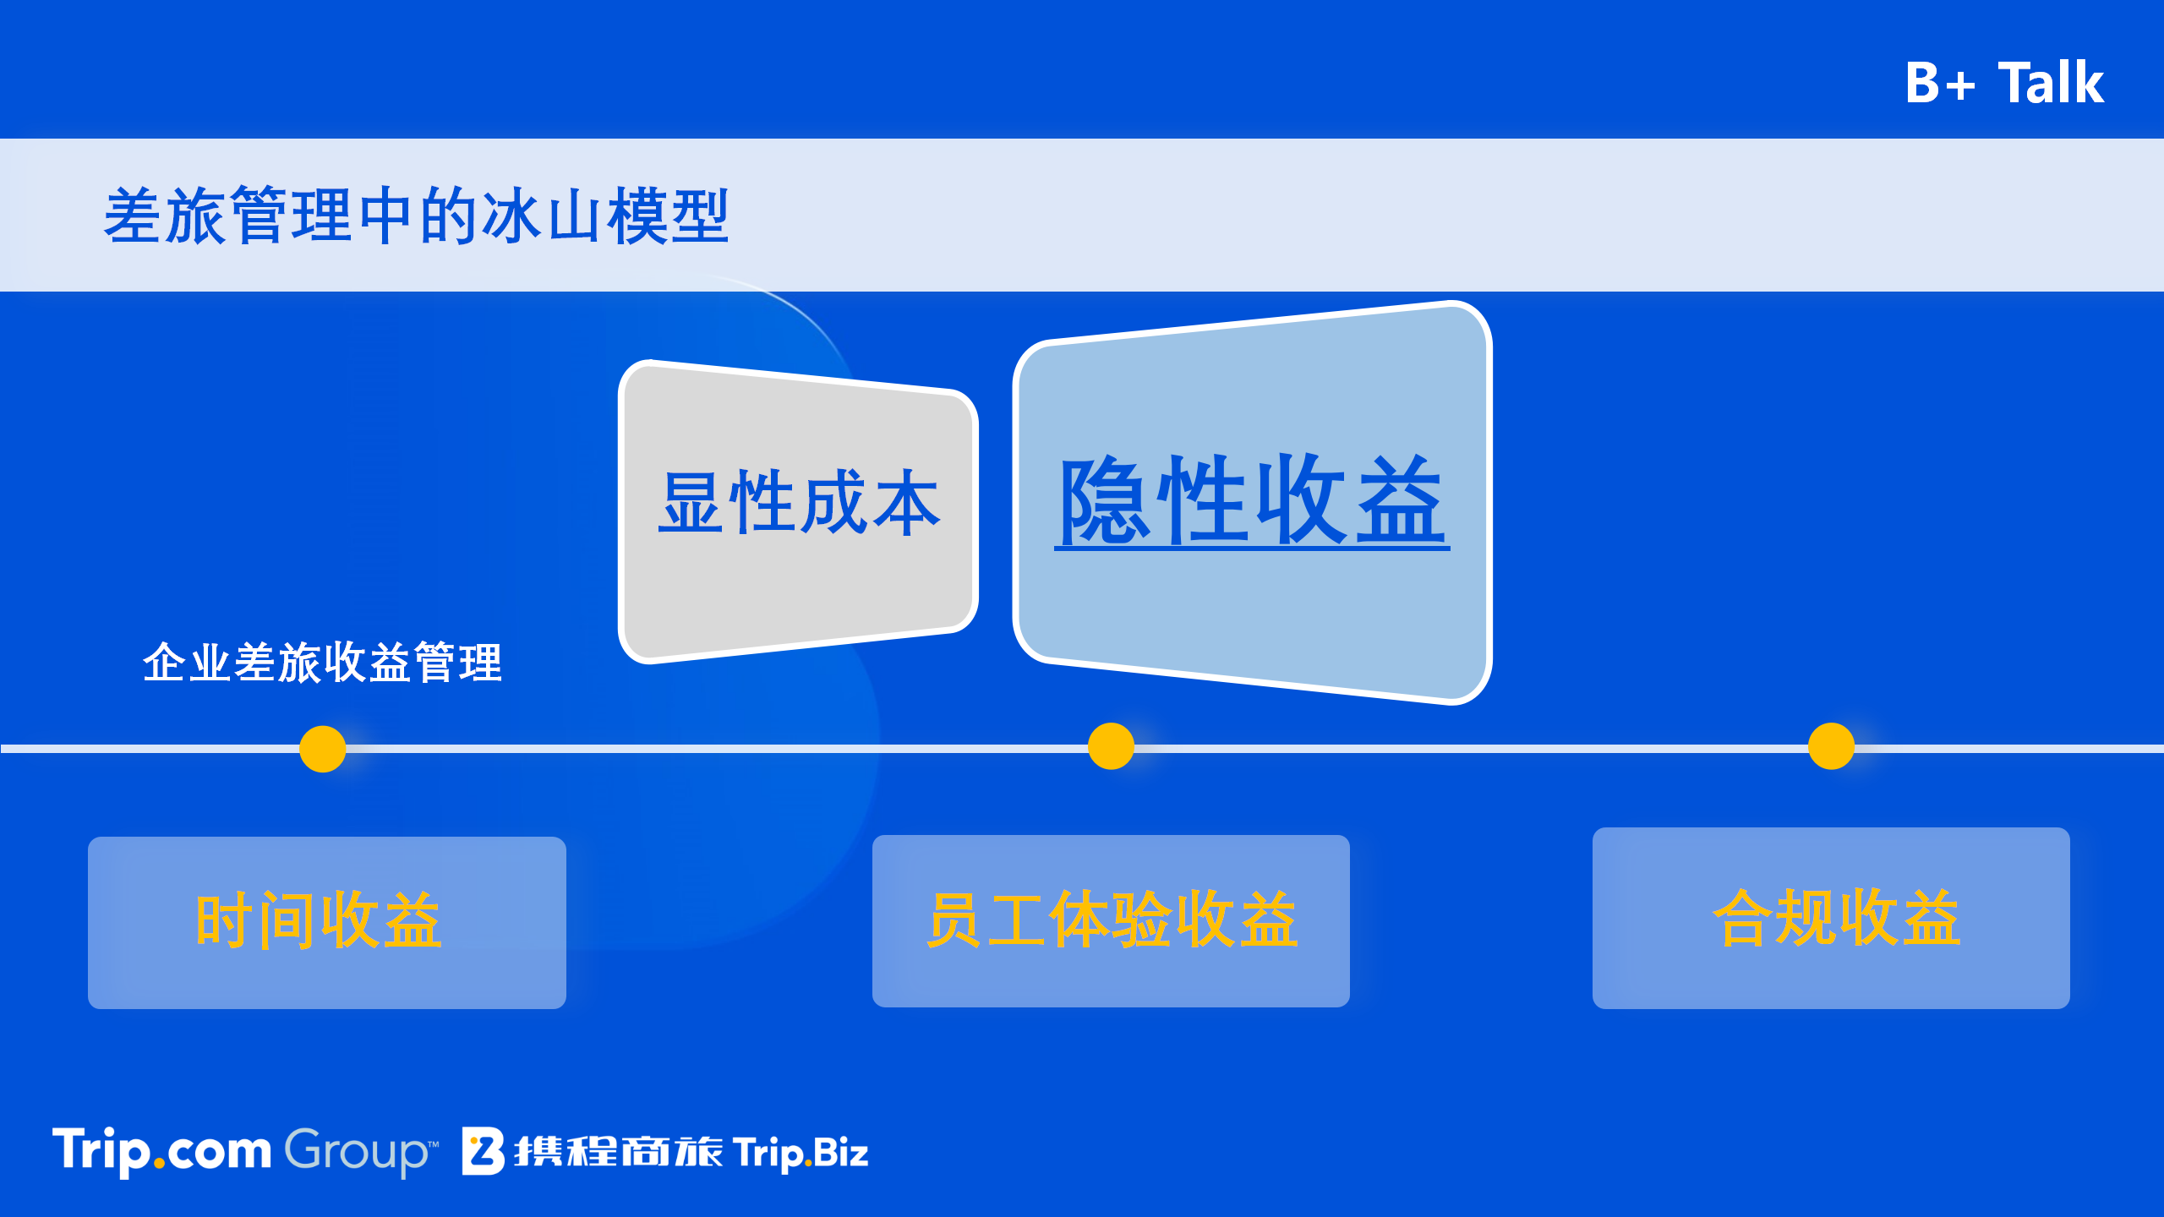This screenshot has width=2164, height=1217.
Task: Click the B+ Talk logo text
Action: pyautogui.click(x=2004, y=83)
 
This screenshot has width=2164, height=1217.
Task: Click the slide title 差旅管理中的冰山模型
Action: pyautogui.click(x=416, y=216)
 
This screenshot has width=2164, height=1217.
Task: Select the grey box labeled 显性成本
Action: pyautogui.click(x=798, y=511)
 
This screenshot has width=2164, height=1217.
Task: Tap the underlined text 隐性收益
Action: pyautogui.click(x=1252, y=500)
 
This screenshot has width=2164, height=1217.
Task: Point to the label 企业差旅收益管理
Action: pyautogui.click(x=323, y=662)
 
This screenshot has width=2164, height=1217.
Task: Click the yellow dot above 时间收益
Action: pyautogui.click(x=323, y=749)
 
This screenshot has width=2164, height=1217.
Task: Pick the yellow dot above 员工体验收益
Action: pyautogui.click(x=1111, y=746)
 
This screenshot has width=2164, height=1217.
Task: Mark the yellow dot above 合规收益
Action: pyautogui.click(x=1831, y=746)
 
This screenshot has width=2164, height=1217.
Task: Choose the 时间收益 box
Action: pyautogui.click(x=327, y=922)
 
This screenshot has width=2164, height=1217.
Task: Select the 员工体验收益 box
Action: pyautogui.click(x=1111, y=920)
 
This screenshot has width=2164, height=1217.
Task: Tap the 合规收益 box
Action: pyautogui.click(x=1831, y=918)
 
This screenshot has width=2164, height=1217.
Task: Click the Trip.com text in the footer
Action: pyautogui.click(x=161, y=1151)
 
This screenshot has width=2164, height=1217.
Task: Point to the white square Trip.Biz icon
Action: pyautogui.click(x=484, y=1151)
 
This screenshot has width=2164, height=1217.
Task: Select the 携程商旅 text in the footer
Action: pyautogui.click(x=619, y=1152)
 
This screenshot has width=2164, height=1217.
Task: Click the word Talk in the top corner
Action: pyautogui.click(x=2051, y=83)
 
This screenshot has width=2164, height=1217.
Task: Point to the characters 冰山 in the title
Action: pyautogui.click(x=541, y=216)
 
